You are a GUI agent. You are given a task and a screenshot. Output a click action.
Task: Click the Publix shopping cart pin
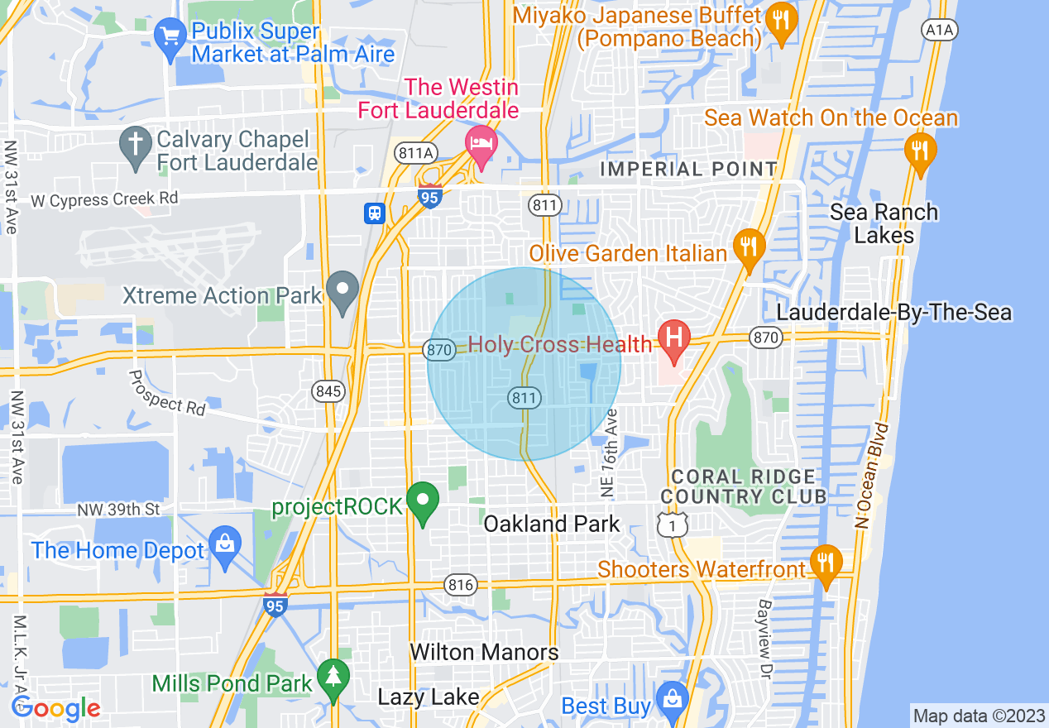pos(170,38)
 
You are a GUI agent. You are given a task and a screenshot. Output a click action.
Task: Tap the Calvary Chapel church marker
pos(134,146)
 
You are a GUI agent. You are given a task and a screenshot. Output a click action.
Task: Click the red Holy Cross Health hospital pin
pos(673,340)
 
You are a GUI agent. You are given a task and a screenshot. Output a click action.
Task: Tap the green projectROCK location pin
pos(423,501)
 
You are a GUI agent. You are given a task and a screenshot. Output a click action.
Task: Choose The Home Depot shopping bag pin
pos(224,546)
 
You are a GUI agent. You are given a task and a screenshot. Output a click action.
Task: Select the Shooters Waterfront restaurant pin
pos(825,565)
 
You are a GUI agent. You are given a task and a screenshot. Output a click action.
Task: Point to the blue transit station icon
pos(374,213)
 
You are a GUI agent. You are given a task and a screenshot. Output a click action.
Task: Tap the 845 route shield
pos(328,391)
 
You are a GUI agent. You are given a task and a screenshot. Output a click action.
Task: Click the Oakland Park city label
pos(551,524)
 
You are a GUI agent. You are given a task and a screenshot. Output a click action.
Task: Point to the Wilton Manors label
pos(484,652)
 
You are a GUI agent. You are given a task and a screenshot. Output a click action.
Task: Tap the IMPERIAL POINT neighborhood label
pos(688,170)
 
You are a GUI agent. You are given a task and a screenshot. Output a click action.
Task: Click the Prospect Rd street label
pos(167,392)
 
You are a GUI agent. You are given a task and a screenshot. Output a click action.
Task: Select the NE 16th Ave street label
pos(611,453)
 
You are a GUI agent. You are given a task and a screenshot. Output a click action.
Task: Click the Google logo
pos(55,708)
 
